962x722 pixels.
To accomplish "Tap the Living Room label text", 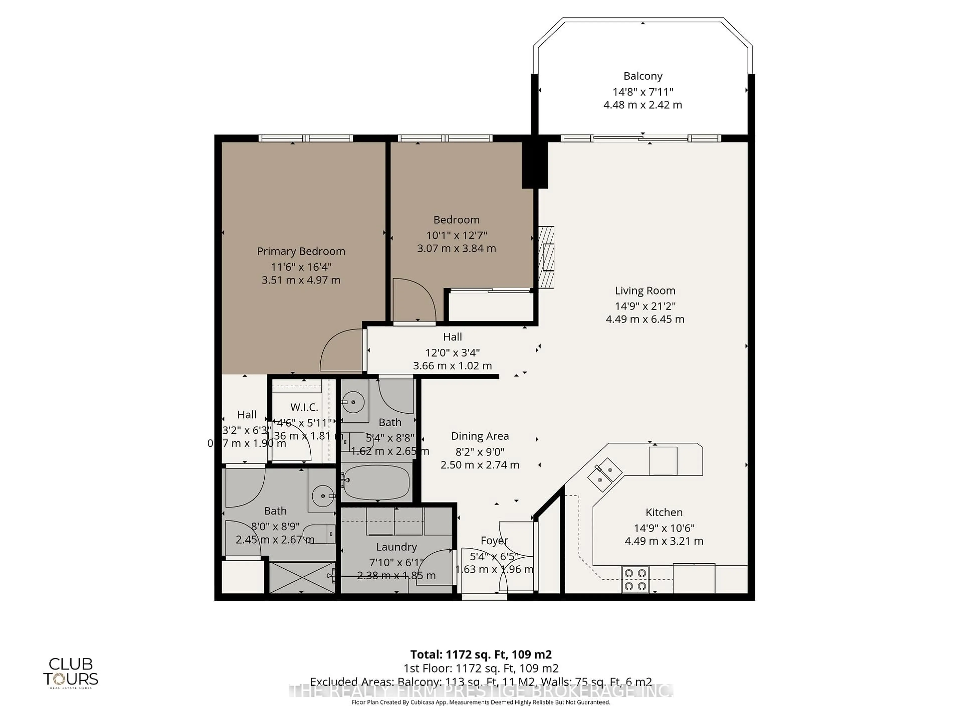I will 645,291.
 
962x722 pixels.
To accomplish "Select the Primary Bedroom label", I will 301,251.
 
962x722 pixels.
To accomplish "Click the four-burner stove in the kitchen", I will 635,580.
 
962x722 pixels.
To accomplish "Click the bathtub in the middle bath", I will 377,483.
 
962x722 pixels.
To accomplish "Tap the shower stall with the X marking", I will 302,577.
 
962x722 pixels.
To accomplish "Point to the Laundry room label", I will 396,547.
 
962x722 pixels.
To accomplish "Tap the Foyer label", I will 494,540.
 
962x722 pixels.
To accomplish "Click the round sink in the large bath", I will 322,495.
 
